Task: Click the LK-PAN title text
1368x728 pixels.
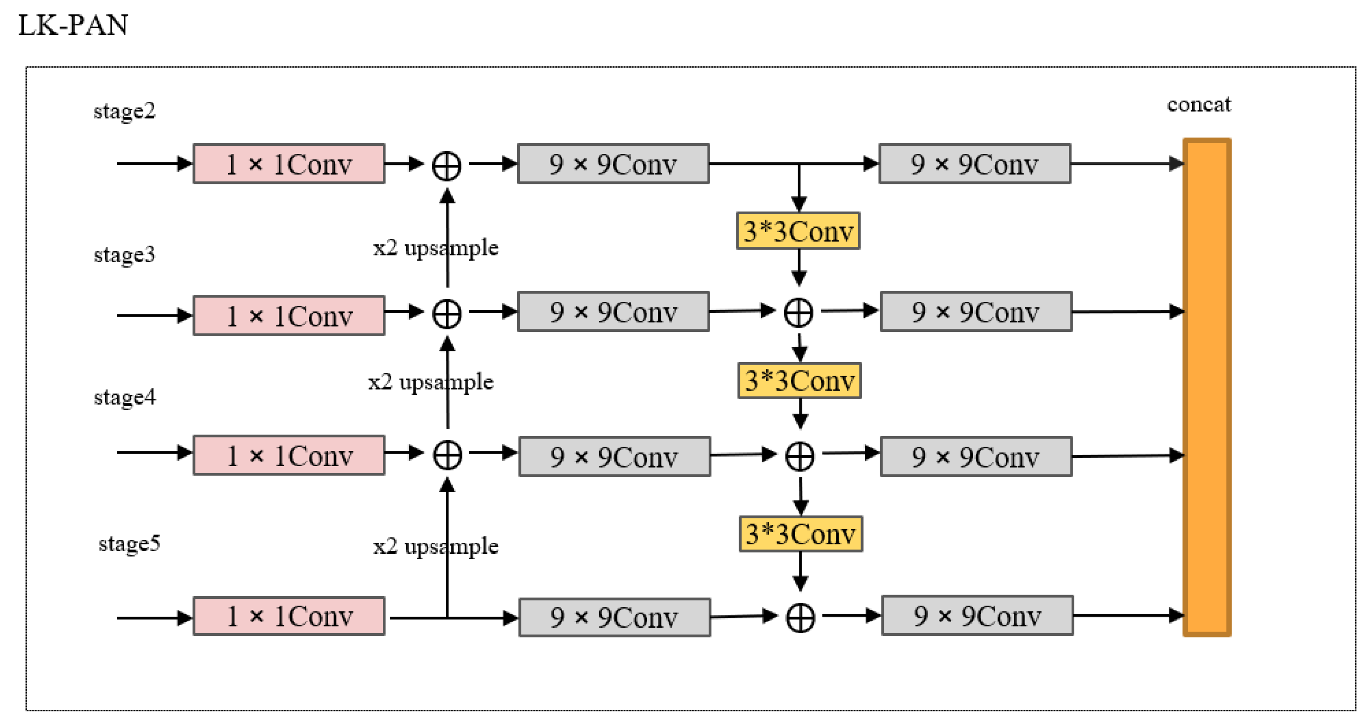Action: click(73, 25)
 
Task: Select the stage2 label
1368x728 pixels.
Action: click(124, 111)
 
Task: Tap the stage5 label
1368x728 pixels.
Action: click(129, 544)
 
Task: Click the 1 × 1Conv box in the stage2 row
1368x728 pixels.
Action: click(289, 164)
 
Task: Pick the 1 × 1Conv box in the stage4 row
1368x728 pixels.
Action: click(289, 456)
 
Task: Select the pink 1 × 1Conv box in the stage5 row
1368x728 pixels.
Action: click(289, 616)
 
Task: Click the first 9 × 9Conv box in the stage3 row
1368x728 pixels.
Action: click(613, 312)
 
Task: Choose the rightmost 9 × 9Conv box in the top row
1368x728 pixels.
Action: click(974, 164)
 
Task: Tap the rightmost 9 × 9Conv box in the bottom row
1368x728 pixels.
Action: click(977, 616)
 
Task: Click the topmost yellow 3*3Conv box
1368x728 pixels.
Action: click(798, 231)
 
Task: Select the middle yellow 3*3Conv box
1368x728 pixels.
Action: click(799, 381)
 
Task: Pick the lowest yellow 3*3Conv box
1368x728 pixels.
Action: click(801, 534)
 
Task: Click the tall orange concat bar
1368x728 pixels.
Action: click(1207, 388)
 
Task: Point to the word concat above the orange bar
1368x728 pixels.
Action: click(1198, 105)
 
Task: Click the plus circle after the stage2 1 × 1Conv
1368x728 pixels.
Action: click(447, 166)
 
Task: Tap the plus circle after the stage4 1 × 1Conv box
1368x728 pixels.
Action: click(447, 455)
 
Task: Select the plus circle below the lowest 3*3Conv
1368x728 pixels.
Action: click(800, 618)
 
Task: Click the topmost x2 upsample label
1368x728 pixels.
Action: click(436, 248)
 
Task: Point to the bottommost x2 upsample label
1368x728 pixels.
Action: click(436, 547)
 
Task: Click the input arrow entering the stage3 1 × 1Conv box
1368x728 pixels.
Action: click(154, 315)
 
